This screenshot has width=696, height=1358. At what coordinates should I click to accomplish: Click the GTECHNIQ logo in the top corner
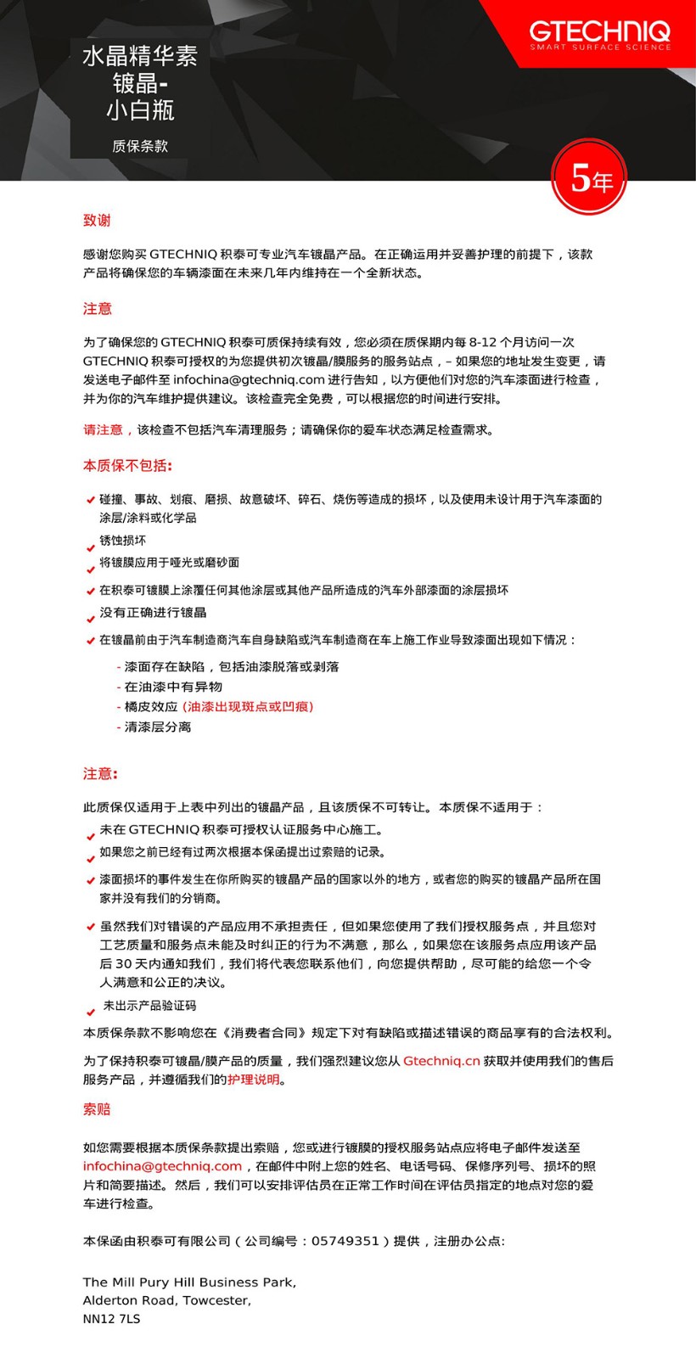pos(599,35)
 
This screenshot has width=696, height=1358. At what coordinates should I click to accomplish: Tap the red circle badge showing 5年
pos(590,177)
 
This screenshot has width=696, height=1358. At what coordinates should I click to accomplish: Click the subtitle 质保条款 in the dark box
pos(140,146)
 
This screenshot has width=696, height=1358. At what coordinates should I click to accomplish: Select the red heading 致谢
pos(97,220)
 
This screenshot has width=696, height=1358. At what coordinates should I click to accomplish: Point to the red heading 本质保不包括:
pos(127,465)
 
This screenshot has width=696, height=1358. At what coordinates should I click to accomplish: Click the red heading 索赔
pos(97,1109)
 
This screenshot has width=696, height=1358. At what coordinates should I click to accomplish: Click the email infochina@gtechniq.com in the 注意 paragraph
pos(249,379)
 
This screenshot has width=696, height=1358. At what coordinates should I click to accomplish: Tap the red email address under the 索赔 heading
pos(162,1166)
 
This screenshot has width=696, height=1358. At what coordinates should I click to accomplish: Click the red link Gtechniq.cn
pos(441,1061)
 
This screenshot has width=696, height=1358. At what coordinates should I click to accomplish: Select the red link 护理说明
pos(253,1080)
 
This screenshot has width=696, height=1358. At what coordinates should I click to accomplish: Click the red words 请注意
pos(103,430)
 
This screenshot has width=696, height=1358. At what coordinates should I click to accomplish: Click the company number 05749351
pos(345,1241)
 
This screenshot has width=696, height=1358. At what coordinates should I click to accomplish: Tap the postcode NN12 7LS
pos(111,1319)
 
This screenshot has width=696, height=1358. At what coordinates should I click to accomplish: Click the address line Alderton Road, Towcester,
pos(166,1300)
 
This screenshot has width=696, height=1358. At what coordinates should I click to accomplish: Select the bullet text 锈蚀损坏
pos(122,541)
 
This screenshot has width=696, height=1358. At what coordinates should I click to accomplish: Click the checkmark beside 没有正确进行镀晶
pos(90,619)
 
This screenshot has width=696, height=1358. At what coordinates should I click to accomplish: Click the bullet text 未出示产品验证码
pos(149,1006)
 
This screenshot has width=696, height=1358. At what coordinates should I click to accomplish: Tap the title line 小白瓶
pos(140,110)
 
